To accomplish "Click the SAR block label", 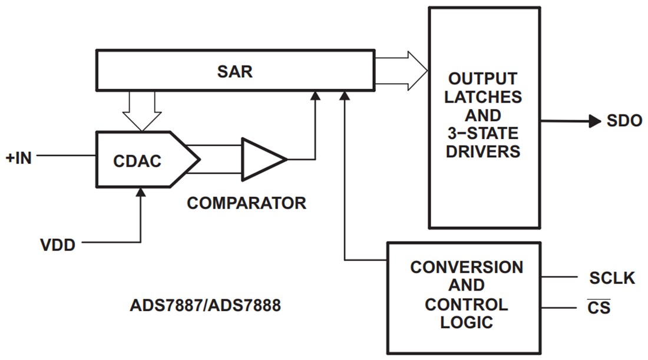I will click(234, 72).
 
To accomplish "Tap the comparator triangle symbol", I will click(260, 159).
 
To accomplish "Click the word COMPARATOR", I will click(246, 203).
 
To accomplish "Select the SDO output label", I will click(624, 121).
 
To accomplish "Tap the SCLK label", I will click(612, 278).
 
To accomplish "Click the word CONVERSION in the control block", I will click(466, 267).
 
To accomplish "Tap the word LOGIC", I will click(466, 322).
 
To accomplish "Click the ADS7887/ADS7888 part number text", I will click(205, 307).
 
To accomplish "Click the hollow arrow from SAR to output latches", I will click(401, 68).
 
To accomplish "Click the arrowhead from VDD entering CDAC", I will click(141, 193).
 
